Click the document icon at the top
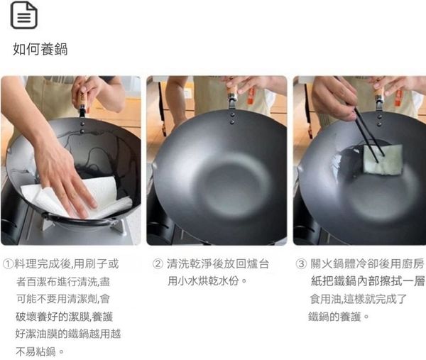coord(24,15)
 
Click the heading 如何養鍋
coord(40,49)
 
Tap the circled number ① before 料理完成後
coord(8,264)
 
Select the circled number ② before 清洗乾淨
coord(158,264)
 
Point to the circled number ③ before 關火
coord(301,264)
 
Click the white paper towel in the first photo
coord(79,198)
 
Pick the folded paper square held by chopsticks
coord(383,160)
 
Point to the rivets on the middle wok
coord(231,119)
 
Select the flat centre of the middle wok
coord(231,187)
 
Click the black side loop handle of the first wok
coord(79,221)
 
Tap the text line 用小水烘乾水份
coord(207,281)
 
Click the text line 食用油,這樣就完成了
coord(358,299)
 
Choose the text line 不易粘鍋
coord(40,351)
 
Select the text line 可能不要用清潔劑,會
coord(63,299)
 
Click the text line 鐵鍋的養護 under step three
coord(339,317)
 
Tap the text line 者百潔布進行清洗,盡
coord(63,281)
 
